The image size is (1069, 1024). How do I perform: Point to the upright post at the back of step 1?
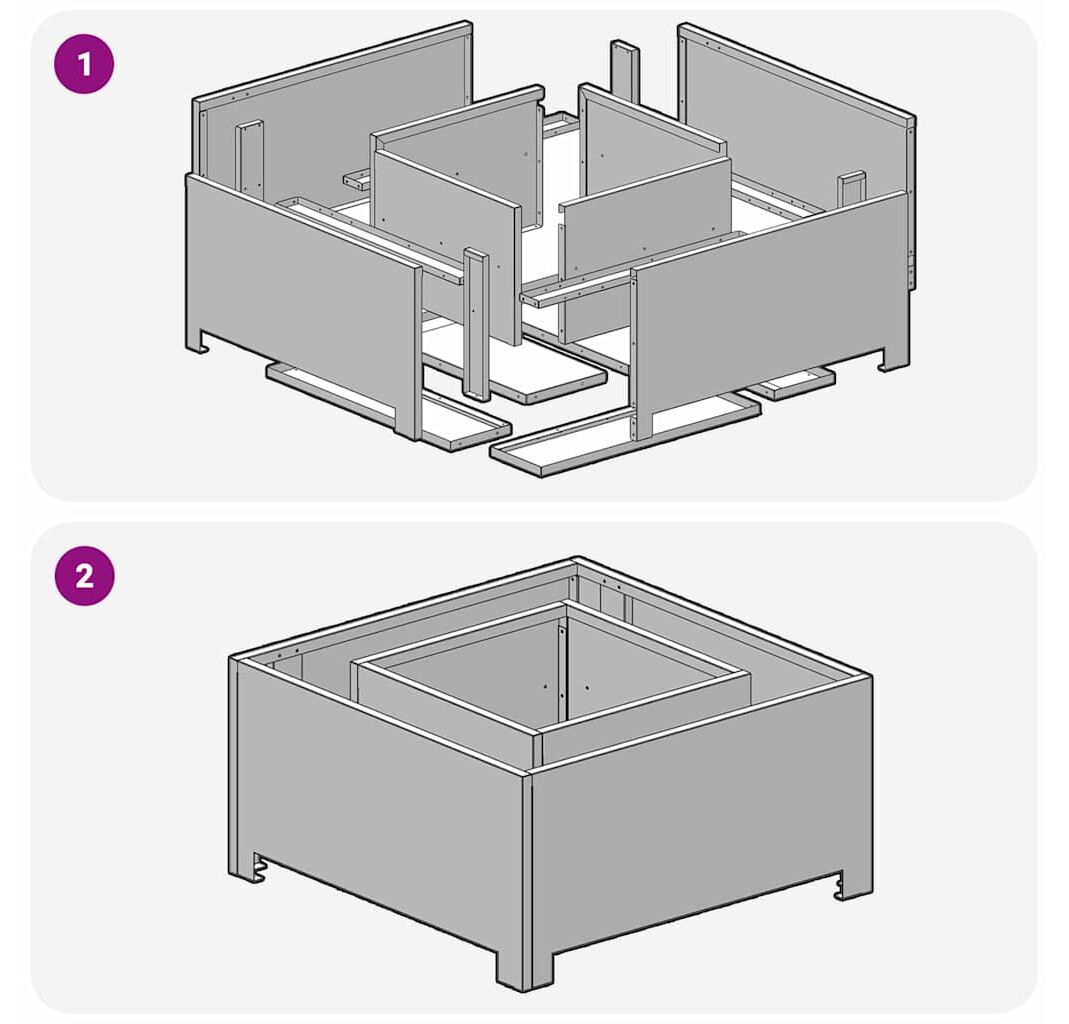point(624,72)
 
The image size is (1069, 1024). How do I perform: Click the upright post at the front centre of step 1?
point(476,323)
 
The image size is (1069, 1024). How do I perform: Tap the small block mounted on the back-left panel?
point(250,158)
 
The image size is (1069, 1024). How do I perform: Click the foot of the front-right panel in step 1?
point(894,359)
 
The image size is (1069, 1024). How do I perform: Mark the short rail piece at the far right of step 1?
point(791,383)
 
